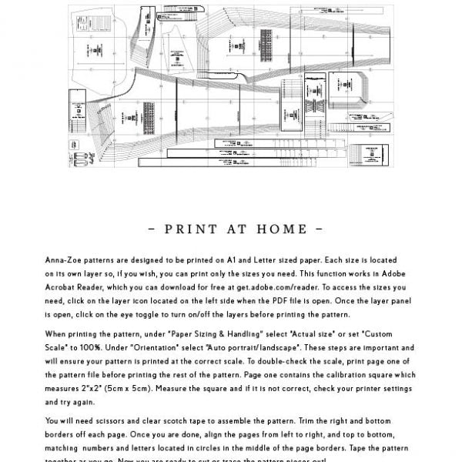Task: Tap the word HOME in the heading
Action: tap(280, 229)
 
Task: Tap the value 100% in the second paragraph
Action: tap(92, 347)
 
